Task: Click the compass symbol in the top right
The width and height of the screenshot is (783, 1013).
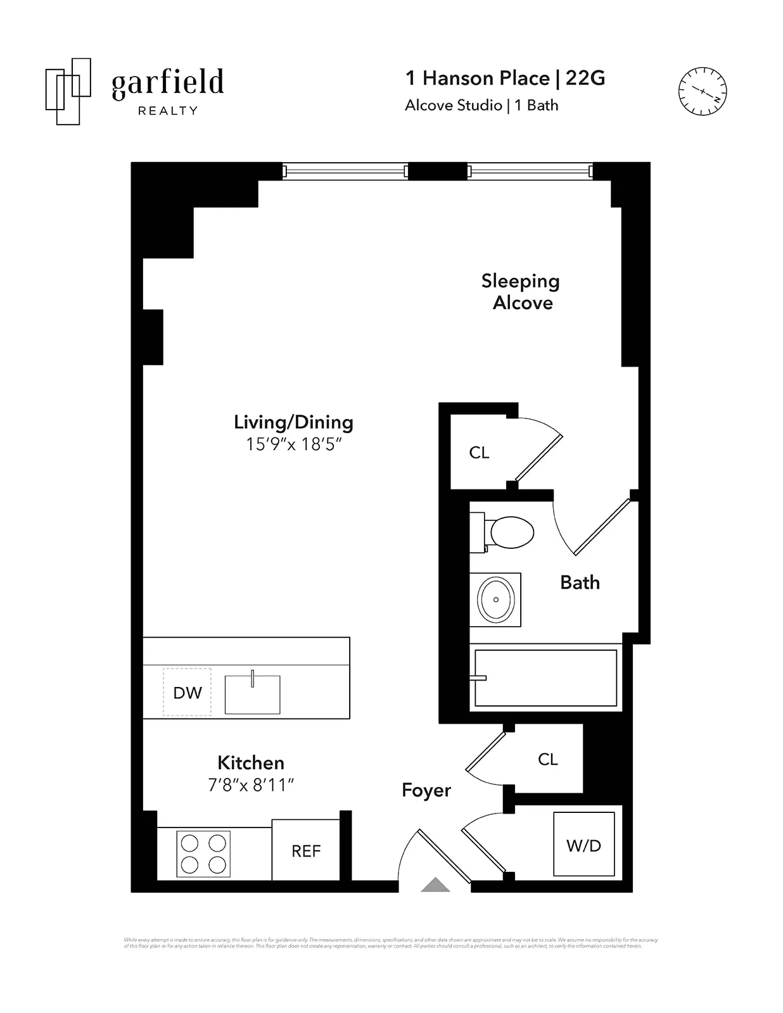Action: (x=702, y=91)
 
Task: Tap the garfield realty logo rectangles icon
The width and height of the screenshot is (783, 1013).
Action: (x=68, y=91)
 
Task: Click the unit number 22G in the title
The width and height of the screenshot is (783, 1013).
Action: (x=585, y=78)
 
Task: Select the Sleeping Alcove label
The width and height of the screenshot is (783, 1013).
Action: (x=521, y=292)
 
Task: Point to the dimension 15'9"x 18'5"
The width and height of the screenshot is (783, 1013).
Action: (x=293, y=444)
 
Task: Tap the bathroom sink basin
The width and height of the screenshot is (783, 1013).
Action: (x=495, y=600)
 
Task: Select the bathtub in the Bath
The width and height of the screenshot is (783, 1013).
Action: (x=545, y=677)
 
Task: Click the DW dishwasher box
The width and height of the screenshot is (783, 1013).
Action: (x=187, y=693)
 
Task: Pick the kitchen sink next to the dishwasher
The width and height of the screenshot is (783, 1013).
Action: (x=252, y=695)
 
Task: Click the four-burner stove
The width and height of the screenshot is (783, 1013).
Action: (x=203, y=853)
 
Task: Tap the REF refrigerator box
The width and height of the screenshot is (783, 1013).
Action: (x=306, y=851)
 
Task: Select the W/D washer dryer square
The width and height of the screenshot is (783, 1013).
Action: (x=583, y=845)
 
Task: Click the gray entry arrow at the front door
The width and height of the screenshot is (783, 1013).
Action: (x=435, y=884)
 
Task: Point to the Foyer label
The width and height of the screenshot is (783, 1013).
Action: (x=426, y=790)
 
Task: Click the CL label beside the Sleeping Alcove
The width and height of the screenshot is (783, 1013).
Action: (x=479, y=453)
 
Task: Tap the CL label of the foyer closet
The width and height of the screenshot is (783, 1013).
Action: (x=547, y=759)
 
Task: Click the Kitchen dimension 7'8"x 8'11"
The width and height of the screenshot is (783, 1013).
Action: (x=251, y=785)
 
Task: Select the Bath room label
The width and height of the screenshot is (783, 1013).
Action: (x=580, y=582)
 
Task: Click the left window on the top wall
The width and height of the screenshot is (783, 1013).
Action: (x=345, y=171)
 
